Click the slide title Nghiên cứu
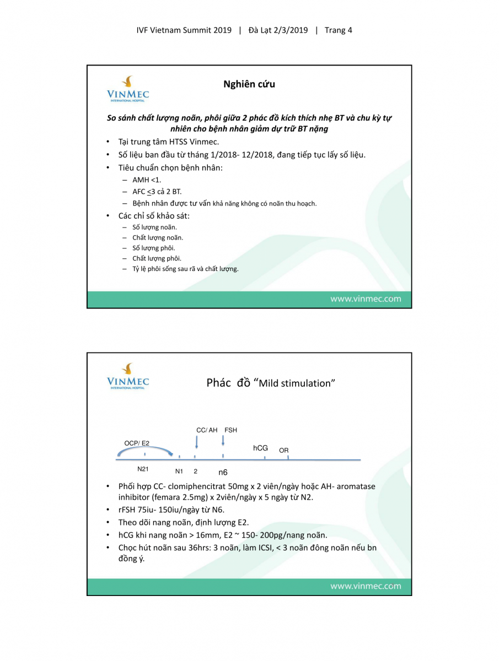[x=249, y=84]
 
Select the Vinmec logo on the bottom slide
[x=128, y=376]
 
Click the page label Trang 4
[x=339, y=30]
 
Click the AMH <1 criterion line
[x=147, y=180]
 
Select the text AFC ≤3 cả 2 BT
[x=157, y=192]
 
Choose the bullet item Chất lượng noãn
[x=158, y=237]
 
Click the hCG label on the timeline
[x=260, y=448]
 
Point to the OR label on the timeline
[x=284, y=451]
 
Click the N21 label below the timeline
[x=143, y=469]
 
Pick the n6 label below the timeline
[x=223, y=472]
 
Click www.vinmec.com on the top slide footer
[x=366, y=299]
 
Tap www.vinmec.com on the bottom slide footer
[x=366, y=586]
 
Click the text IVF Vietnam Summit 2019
[x=184, y=30]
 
